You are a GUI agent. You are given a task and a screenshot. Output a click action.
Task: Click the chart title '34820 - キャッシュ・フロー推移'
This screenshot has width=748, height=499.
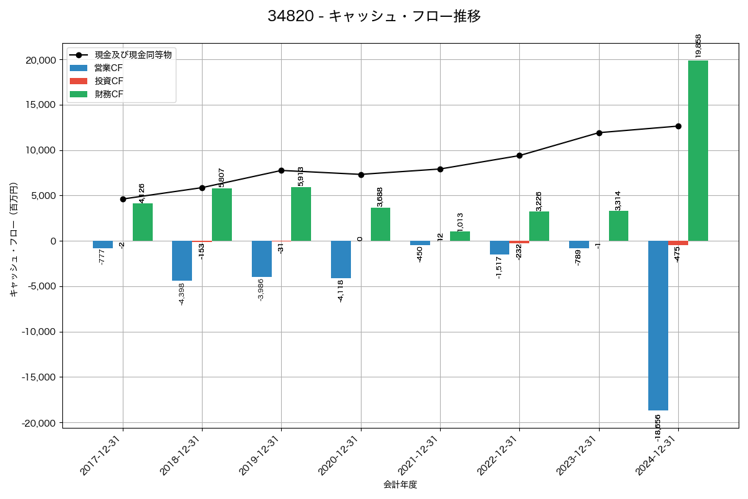pyautogui.click(x=374, y=16)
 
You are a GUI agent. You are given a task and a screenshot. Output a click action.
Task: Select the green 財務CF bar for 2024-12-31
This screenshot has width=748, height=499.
pyautogui.click(x=698, y=150)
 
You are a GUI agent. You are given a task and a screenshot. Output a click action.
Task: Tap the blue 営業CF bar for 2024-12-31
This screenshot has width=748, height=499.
pyautogui.click(x=658, y=325)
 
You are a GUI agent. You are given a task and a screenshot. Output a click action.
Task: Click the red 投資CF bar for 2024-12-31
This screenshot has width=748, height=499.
pyautogui.click(x=678, y=243)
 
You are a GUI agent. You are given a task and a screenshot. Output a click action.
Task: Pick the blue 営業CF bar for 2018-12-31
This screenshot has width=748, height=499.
pyautogui.click(x=182, y=261)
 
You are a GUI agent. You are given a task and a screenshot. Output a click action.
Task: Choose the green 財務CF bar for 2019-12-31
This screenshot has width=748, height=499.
pyautogui.click(x=301, y=214)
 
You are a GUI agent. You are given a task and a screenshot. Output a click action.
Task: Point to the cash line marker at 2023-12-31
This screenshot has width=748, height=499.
pyautogui.click(x=599, y=133)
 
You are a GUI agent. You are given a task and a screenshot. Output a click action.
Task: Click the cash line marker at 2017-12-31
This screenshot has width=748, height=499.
pyautogui.click(x=123, y=199)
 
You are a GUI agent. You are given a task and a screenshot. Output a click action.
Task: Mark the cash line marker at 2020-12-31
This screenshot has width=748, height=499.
pyautogui.click(x=361, y=175)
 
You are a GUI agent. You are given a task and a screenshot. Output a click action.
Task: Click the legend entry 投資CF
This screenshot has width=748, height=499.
pyautogui.click(x=108, y=81)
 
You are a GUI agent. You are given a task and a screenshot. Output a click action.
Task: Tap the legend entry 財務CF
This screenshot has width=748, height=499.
pyautogui.click(x=108, y=94)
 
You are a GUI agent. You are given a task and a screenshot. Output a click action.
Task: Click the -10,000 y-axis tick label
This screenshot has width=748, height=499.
pyautogui.click(x=37, y=332)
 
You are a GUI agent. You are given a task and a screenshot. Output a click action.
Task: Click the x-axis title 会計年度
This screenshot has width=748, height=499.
pyautogui.click(x=400, y=485)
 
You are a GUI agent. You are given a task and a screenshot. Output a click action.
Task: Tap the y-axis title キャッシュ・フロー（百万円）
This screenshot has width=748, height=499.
pyautogui.click(x=14, y=240)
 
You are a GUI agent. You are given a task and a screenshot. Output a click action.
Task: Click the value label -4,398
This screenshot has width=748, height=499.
pyautogui.click(x=182, y=294)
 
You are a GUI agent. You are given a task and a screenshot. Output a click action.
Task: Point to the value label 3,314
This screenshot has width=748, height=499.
pyautogui.click(x=618, y=200)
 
